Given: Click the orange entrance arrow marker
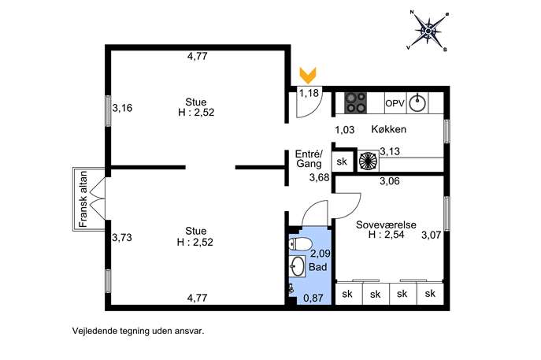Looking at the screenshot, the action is click(x=308, y=76).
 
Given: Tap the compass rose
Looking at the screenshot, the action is click(x=428, y=32).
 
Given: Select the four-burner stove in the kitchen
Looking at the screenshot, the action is click(x=356, y=102).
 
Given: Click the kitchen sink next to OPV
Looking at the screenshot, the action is click(x=417, y=102).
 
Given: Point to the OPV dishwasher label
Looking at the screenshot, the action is click(x=395, y=103).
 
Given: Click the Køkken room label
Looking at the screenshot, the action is click(x=388, y=129).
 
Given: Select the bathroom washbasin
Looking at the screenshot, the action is click(x=297, y=266).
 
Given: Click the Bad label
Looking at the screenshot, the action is click(x=318, y=267).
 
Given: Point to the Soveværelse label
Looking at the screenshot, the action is click(x=386, y=225).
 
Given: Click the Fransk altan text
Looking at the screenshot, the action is click(x=83, y=199).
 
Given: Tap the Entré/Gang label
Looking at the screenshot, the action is click(x=309, y=158).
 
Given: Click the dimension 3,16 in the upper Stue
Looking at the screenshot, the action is click(x=122, y=108).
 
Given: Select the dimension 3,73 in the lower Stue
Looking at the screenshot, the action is click(x=122, y=237).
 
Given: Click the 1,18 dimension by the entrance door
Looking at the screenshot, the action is click(x=309, y=93).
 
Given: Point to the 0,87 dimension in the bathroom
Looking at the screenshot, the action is click(x=313, y=298).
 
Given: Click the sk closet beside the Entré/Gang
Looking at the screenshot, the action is click(x=342, y=161).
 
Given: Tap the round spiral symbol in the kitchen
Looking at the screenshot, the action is click(x=368, y=161).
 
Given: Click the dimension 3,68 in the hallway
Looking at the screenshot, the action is click(x=319, y=178).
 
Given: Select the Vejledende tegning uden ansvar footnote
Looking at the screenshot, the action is click(x=138, y=331).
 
